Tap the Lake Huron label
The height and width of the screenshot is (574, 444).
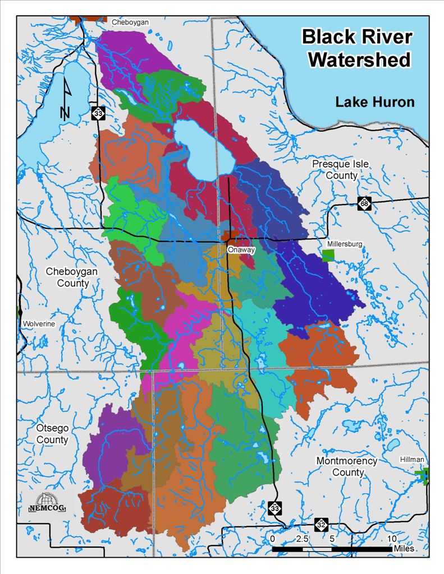[x=374, y=102]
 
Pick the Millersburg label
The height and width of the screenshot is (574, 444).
[x=344, y=244]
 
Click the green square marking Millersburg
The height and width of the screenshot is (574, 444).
[x=328, y=256]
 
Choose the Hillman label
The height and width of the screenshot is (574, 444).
[x=413, y=459]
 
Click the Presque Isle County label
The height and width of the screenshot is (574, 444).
[x=335, y=169]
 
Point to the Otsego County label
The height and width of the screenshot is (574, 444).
[x=52, y=433]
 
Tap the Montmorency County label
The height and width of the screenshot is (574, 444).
[x=347, y=466]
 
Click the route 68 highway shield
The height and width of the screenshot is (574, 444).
[x=365, y=203]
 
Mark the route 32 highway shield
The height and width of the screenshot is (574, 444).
[x=321, y=525]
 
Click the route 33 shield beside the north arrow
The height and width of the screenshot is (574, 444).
[x=98, y=113]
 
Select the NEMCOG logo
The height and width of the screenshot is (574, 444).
[x=47, y=503]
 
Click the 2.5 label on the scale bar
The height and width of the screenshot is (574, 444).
[x=301, y=539]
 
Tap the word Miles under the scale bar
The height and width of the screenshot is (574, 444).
[x=404, y=548]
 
